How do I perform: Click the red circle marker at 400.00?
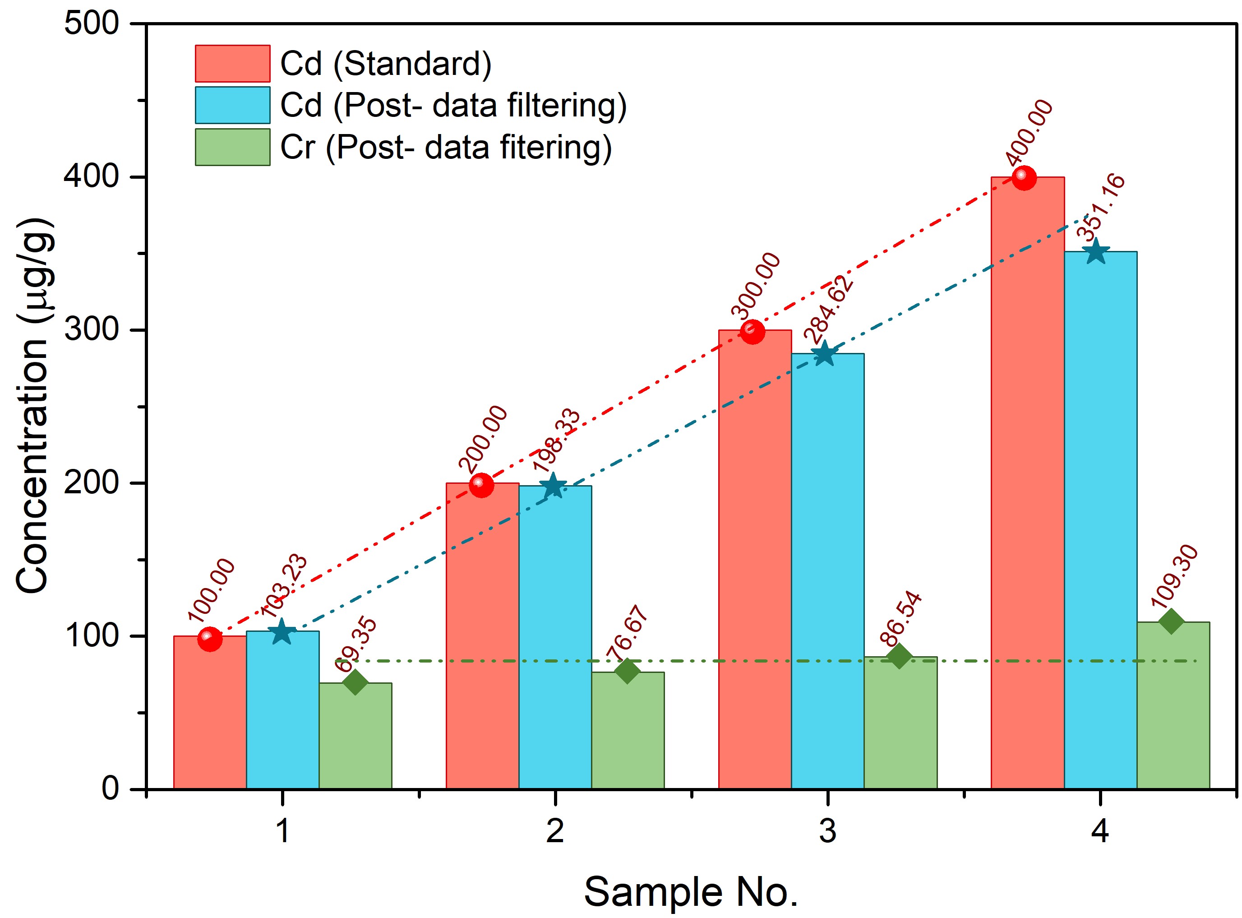point(1024,178)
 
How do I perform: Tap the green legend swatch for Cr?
point(232,147)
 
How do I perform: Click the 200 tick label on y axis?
point(92,483)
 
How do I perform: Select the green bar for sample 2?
point(627,733)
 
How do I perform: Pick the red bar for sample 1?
point(210,717)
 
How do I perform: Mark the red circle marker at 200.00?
point(481,485)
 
